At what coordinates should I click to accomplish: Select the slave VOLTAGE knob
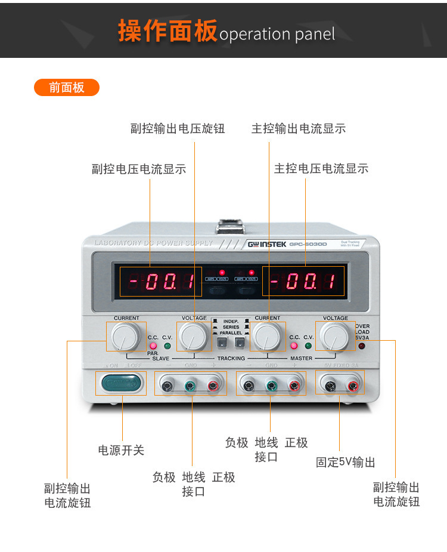point(193,336)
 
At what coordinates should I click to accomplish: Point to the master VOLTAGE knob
point(334,336)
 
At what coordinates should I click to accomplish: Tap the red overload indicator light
point(361,346)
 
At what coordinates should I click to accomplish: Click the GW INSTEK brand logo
point(267,244)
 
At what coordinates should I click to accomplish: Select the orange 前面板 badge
point(67,88)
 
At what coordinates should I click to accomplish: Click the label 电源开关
point(121,450)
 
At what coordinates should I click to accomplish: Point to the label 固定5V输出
point(346,462)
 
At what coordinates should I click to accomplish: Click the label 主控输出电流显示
point(299,129)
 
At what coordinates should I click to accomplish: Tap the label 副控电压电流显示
point(139,169)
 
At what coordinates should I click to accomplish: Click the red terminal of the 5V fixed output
point(353,386)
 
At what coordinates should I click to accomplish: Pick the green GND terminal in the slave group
point(190,386)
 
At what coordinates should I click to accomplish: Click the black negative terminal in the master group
point(249,386)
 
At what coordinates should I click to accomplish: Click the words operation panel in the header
point(277,34)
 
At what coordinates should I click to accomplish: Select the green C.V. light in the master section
point(309,346)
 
